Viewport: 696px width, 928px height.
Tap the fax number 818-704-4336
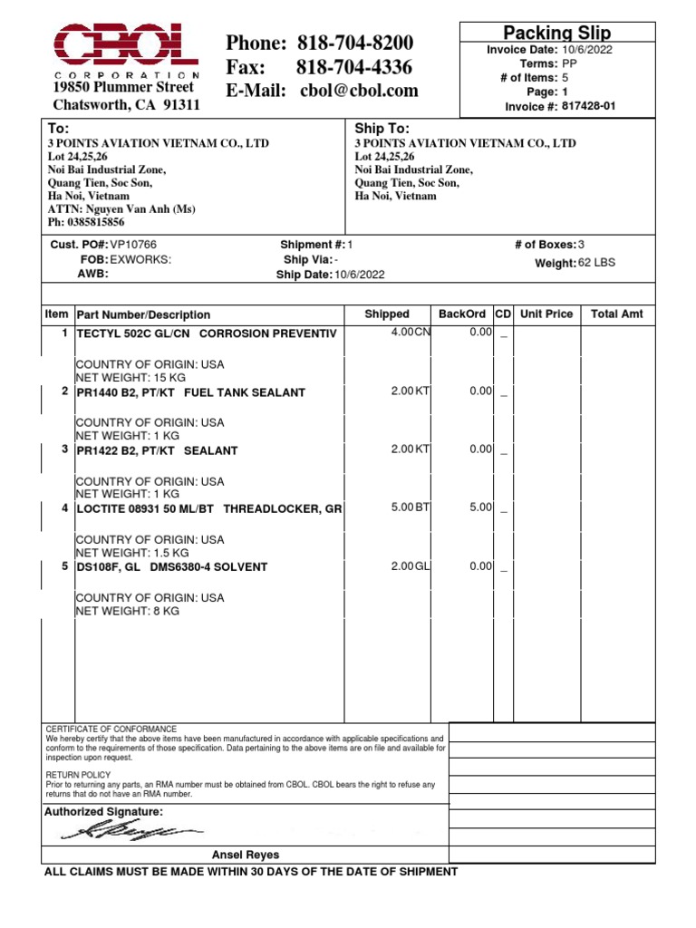354,67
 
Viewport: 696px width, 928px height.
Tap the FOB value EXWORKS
140,259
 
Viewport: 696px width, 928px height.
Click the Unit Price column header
546,314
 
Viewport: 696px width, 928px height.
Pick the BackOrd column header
462,314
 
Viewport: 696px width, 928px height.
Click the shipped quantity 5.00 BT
411,507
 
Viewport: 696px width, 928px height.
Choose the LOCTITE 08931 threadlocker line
208,509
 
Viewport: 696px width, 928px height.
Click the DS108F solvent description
172,567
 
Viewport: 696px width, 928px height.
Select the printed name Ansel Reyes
246,855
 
